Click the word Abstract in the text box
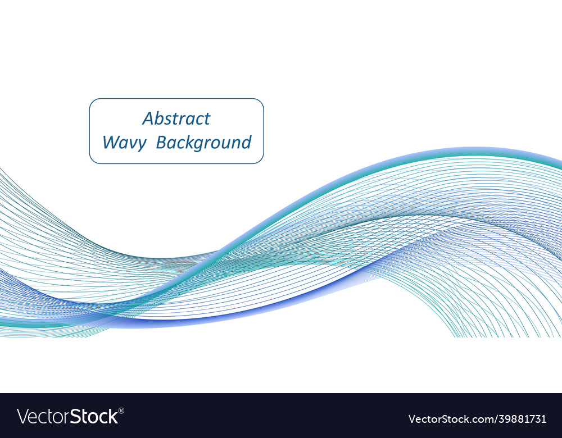point(176,118)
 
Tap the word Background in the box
point(203,143)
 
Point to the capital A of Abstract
point(148,118)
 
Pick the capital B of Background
point(161,143)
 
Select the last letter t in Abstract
point(207,118)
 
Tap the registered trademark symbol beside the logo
point(122,410)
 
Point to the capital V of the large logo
point(23,417)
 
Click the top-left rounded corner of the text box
point(93,102)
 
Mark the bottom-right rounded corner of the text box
point(260,159)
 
